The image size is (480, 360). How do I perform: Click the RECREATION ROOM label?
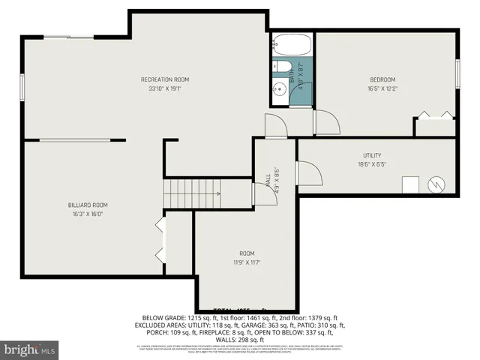pyautogui.click(x=164, y=79)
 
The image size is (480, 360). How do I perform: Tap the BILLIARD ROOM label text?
pyautogui.click(x=89, y=205)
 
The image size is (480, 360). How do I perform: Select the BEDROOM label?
pyautogui.click(x=382, y=79)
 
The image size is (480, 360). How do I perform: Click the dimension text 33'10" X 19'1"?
pyautogui.click(x=164, y=88)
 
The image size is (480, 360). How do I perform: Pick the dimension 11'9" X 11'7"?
pyautogui.click(x=247, y=262)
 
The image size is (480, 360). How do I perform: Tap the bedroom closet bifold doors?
pyautogui.click(x=435, y=115)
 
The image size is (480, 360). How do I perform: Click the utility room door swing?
pyautogui.click(x=309, y=173)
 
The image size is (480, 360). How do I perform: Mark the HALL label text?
pyautogui.click(x=268, y=181)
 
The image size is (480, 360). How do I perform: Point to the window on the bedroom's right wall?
pyautogui.click(x=456, y=75)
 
